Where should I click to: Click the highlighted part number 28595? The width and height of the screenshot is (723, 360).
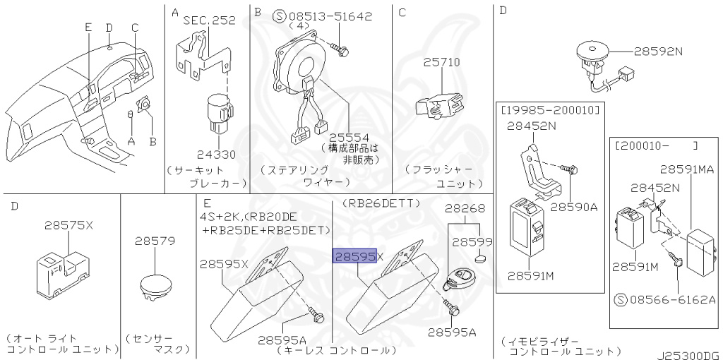pos(354,256)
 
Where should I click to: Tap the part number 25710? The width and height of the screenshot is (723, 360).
pos(442,62)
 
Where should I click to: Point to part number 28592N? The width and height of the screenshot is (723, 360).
pos(658,51)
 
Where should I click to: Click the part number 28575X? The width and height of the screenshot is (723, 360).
pos(68,225)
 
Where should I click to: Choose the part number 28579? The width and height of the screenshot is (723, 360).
pos(155,241)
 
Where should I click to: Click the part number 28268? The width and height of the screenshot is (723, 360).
pos(465,208)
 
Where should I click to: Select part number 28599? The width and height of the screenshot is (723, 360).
pos(472,242)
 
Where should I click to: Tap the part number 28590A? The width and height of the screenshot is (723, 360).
pos(574,207)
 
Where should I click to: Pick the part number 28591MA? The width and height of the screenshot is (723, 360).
pos(687,169)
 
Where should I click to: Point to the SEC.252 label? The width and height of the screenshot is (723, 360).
pos(209,20)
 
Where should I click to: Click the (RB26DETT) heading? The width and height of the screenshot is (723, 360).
pos(381,203)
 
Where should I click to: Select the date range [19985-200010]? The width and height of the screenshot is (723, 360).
pos(549,109)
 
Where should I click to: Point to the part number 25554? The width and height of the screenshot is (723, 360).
pos(349,138)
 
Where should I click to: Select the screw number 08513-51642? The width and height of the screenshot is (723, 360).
pos(330,17)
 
